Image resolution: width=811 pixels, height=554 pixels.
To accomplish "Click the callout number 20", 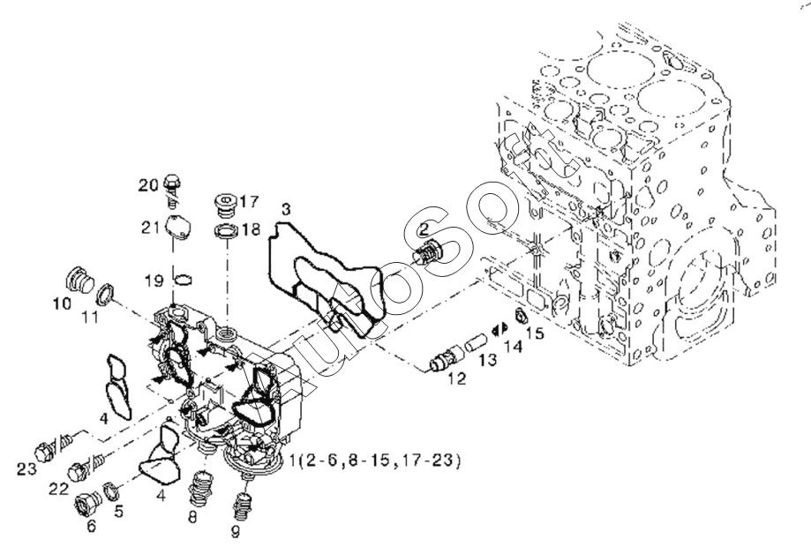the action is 148,184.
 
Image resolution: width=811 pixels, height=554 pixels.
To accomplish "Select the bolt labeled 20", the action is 173,188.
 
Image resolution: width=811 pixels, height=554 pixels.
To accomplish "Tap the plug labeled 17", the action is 225,206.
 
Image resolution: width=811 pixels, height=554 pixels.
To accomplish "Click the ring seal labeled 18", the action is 226,231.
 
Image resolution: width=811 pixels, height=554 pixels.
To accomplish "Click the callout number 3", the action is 286,210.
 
